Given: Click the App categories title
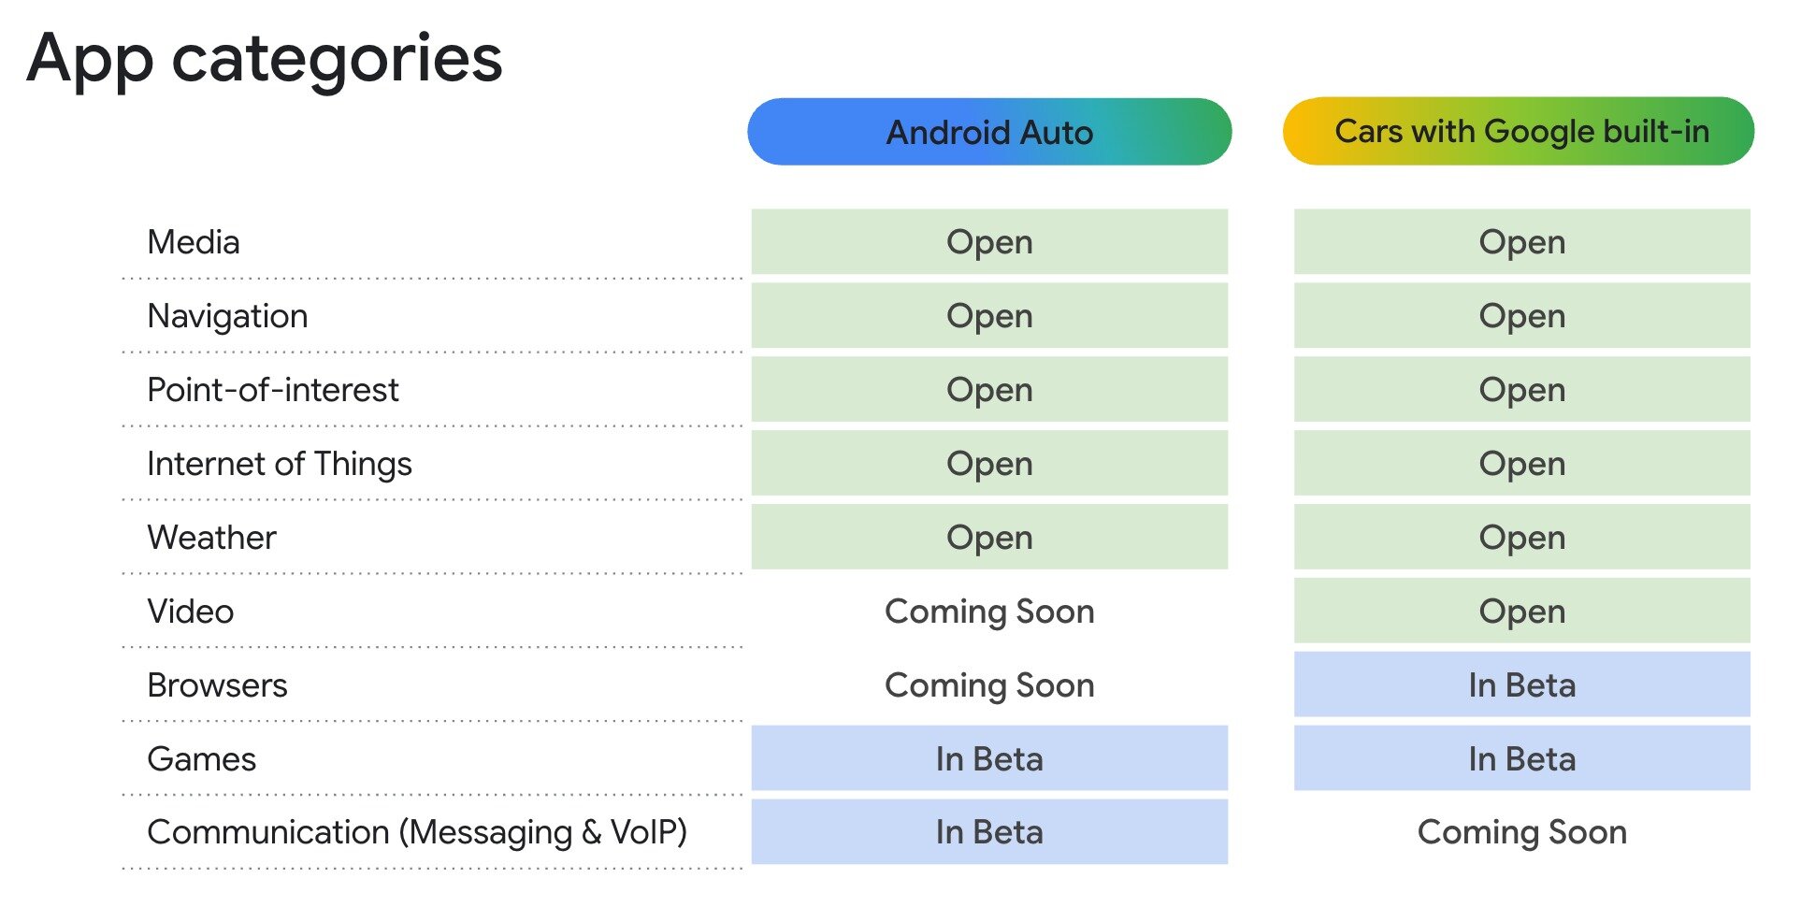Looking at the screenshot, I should point(265,58).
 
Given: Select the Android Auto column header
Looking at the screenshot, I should point(989,132).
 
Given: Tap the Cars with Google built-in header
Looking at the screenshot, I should point(1520,131).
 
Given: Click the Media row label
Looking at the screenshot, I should point(194,242).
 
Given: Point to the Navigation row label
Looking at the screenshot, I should point(227,316).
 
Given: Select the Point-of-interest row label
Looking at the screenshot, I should point(273,390).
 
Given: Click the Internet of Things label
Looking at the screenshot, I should point(280,464).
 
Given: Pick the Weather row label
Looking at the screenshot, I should point(211,538).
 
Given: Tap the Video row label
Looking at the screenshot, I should point(191,612).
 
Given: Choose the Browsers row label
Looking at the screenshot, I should point(217,685).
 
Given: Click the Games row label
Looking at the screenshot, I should point(202,759).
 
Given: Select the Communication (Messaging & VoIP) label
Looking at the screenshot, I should point(417,832).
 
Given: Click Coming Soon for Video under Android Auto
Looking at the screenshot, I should point(989,612).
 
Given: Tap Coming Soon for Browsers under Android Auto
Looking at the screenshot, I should point(989,685).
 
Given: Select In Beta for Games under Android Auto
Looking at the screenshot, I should point(989,758).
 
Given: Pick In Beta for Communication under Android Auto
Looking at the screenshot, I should point(989,832).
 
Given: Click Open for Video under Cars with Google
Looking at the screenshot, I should point(1521,612).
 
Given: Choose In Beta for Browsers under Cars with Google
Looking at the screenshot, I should point(1521,685).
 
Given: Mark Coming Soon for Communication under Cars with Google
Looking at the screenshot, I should point(1521,832).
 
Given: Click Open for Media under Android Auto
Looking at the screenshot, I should point(989,242).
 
